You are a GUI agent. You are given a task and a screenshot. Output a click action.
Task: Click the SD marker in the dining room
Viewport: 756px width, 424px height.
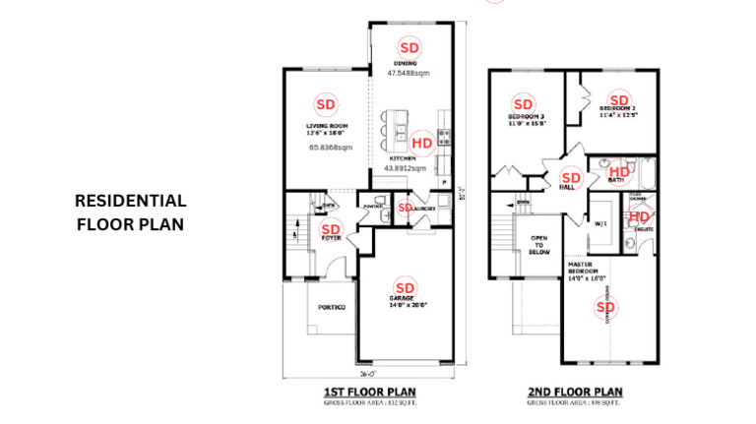[x=409, y=47]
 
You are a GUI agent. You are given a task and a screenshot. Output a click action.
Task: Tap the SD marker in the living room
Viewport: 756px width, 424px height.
[x=326, y=103]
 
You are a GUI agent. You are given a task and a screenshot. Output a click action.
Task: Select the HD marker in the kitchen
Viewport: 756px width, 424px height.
[x=421, y=142]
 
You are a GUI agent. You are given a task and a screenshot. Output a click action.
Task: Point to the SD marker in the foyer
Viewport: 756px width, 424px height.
[x=332, y=229]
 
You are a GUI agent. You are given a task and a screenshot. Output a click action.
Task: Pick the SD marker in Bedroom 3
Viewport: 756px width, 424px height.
[x=523, y=103]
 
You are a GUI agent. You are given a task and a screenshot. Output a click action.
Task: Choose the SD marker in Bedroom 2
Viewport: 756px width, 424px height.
[x=618, y=99]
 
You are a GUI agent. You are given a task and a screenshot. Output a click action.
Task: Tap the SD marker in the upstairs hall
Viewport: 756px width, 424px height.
[x=570, y=179]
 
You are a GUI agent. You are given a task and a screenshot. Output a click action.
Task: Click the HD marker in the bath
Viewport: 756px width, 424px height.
[x=620, y=171]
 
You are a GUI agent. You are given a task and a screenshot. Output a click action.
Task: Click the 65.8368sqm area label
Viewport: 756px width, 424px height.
[x=331, y=148]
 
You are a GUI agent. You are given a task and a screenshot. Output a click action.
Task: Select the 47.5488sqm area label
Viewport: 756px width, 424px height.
[x=408, y=73]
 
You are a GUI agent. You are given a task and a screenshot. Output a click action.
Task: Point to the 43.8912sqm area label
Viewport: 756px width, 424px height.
[x=406, y=168]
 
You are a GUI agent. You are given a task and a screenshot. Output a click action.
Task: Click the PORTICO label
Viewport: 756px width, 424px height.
[x=332, y=307]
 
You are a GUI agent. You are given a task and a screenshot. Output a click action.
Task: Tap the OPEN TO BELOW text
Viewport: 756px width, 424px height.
[x=540, y=244]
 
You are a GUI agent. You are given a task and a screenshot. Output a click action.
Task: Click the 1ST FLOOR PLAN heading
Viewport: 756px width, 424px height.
[x=363, y=392]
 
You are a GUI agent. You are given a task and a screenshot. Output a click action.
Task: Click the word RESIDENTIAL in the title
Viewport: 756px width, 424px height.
[x=130, y=201]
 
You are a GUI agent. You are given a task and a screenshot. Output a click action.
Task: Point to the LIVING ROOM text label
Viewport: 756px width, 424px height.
[x=326, y=127]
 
